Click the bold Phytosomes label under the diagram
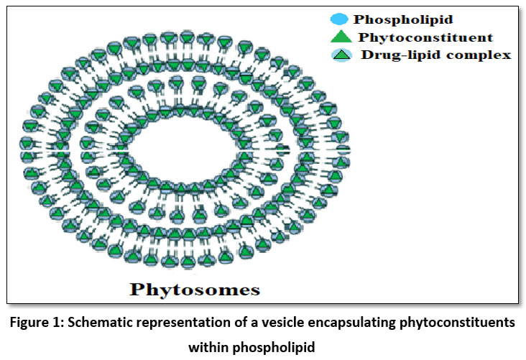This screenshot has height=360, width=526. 194,290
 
